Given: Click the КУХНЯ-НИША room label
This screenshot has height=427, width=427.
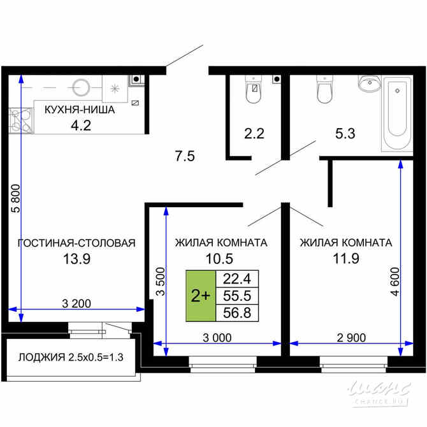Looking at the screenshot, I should click(79, 110).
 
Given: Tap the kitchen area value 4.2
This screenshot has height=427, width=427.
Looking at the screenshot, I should click(80, 125).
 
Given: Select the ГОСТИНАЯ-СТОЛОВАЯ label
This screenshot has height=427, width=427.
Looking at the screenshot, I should click(76, 243).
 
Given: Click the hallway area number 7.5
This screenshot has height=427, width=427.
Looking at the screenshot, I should click(185, 155).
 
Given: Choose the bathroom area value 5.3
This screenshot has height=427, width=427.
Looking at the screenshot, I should click(345, 134).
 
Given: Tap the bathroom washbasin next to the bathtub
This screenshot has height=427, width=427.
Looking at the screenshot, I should click(369, 84).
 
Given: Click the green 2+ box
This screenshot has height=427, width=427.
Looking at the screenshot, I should click(201, 295).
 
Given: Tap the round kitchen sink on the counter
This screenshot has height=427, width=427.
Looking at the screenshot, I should click(81, 86).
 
